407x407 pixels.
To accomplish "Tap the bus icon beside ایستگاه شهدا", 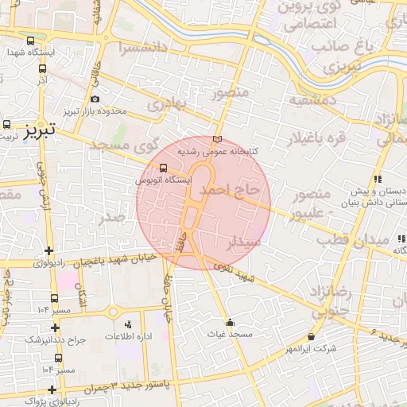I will [30, 41].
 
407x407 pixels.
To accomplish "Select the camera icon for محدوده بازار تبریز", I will [95, 99].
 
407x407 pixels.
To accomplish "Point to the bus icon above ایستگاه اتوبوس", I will [164, 168].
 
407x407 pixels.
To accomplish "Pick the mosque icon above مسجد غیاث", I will [231, 322].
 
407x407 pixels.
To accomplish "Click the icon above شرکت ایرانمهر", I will [311, 337].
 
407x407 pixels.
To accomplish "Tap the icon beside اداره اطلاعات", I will [129, 324].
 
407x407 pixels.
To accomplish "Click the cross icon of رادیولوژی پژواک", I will [52, 390].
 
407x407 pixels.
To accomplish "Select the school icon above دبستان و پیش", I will [379, 180].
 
